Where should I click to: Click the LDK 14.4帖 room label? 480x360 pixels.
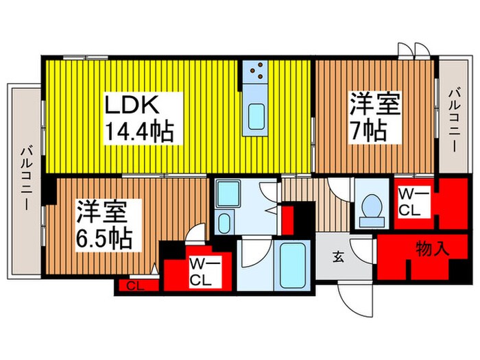click(137, 118)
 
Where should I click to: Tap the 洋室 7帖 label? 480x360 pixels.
click(374, 118)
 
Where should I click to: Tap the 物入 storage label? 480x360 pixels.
click(432, 248)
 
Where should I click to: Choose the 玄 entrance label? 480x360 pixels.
click(338, 258)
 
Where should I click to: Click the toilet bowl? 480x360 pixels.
click(371, 205)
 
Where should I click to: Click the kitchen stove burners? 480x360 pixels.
click(257, 71)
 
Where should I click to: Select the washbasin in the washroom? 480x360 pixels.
click(224, 223)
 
